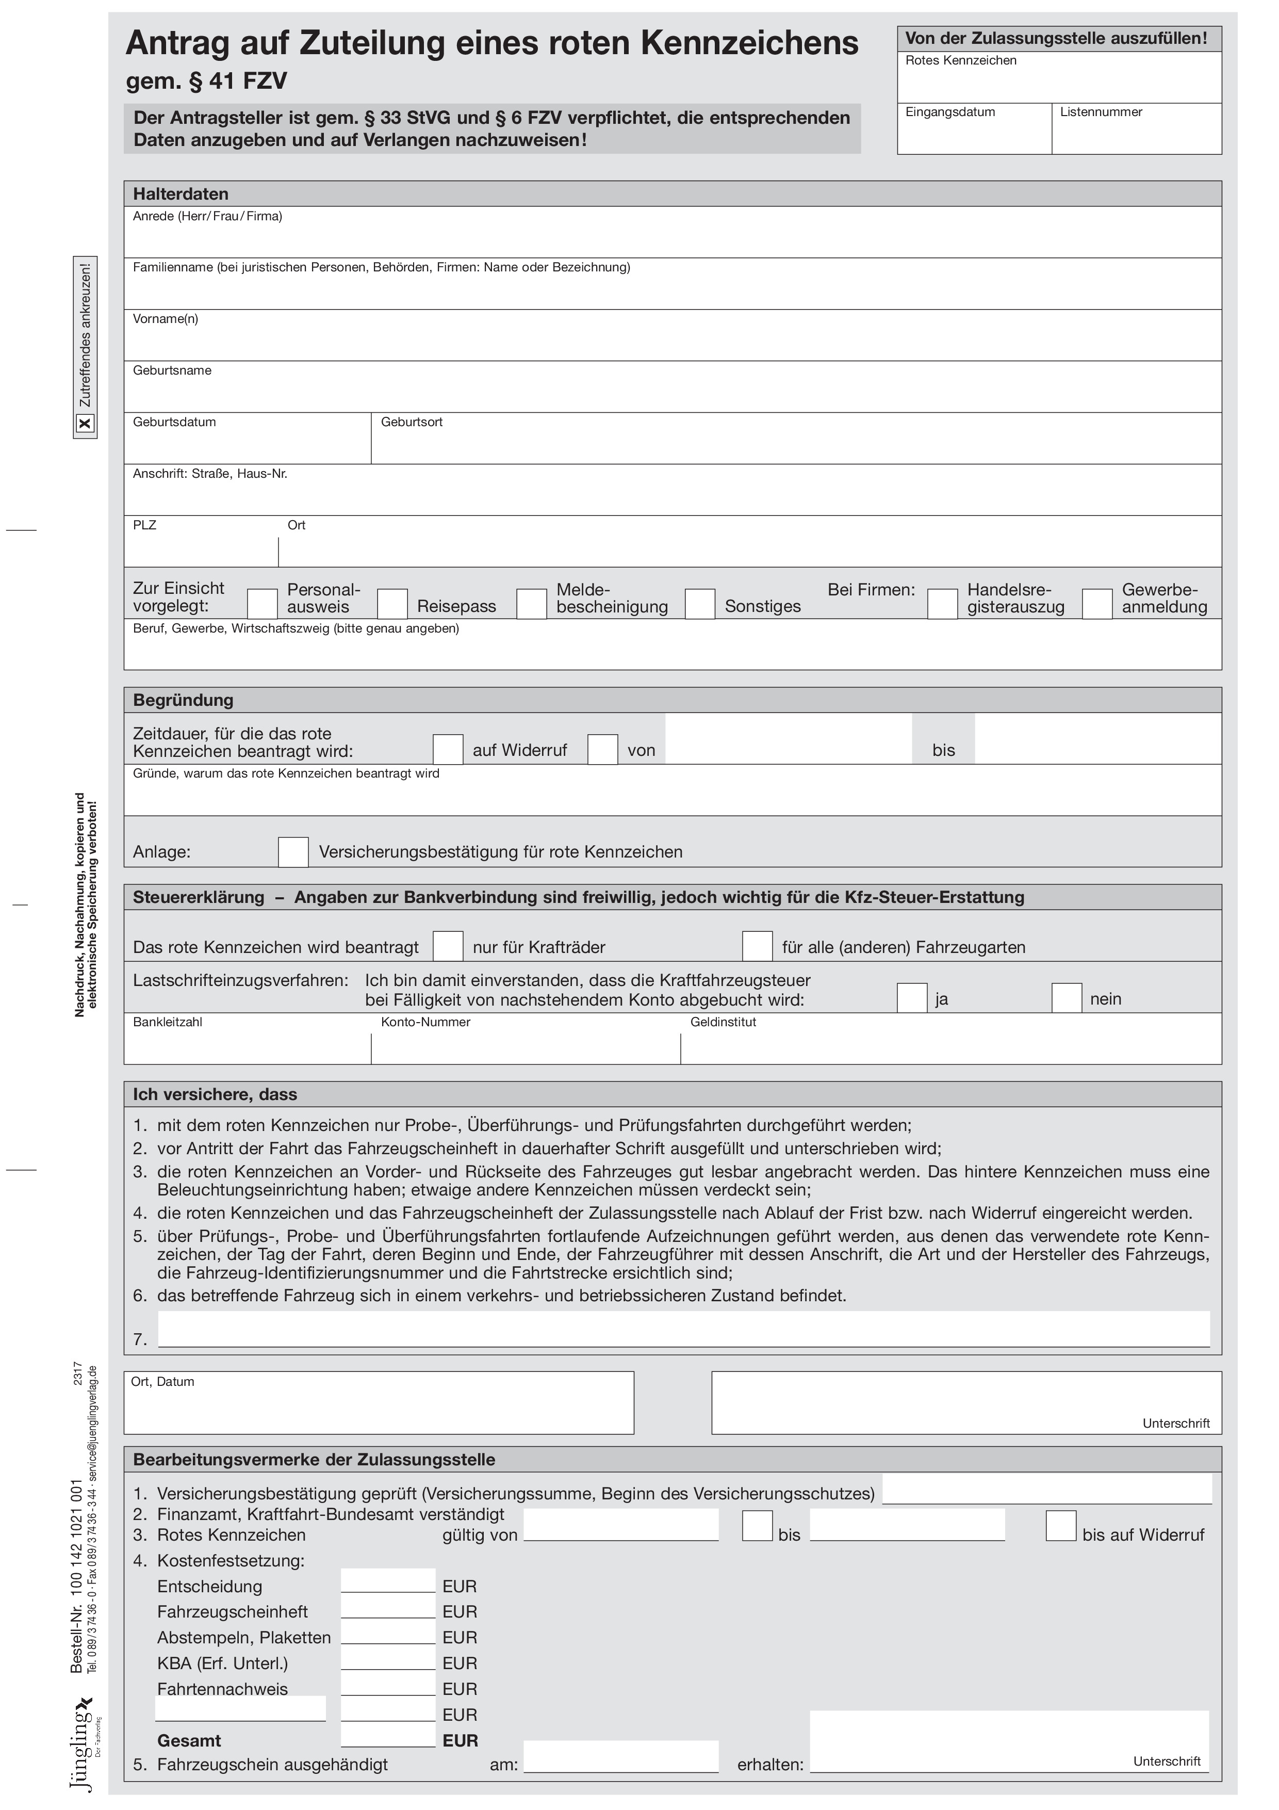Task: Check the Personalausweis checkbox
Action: pyautogui.click(x=263, y=604)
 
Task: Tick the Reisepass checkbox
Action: pyautogui.click(x=392, y=604)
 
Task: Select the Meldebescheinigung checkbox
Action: pyautogui.click(x=532, y=604)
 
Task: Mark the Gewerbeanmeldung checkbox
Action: pyautogui.click(x=1097, y=604)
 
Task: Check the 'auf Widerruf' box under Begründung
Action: pyautogui.click(x=448, y=749)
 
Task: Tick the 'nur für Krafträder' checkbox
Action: pyautogui.click(x=448, y=946)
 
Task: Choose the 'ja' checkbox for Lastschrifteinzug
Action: pyautogui.click(x=912, y=998)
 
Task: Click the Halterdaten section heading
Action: pyautogui.click(x=181, y=194)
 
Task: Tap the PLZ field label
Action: pyautogui.click(x=144, y=526)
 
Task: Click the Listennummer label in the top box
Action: pyautogui.click(x=1101, y=112)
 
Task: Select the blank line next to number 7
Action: pyautogui.click(x=683, y=1331)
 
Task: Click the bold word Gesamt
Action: pyautogui.click(x=189, y=1741)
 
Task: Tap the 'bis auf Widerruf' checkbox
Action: pyautogui.click(x=1061, y=1525)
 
